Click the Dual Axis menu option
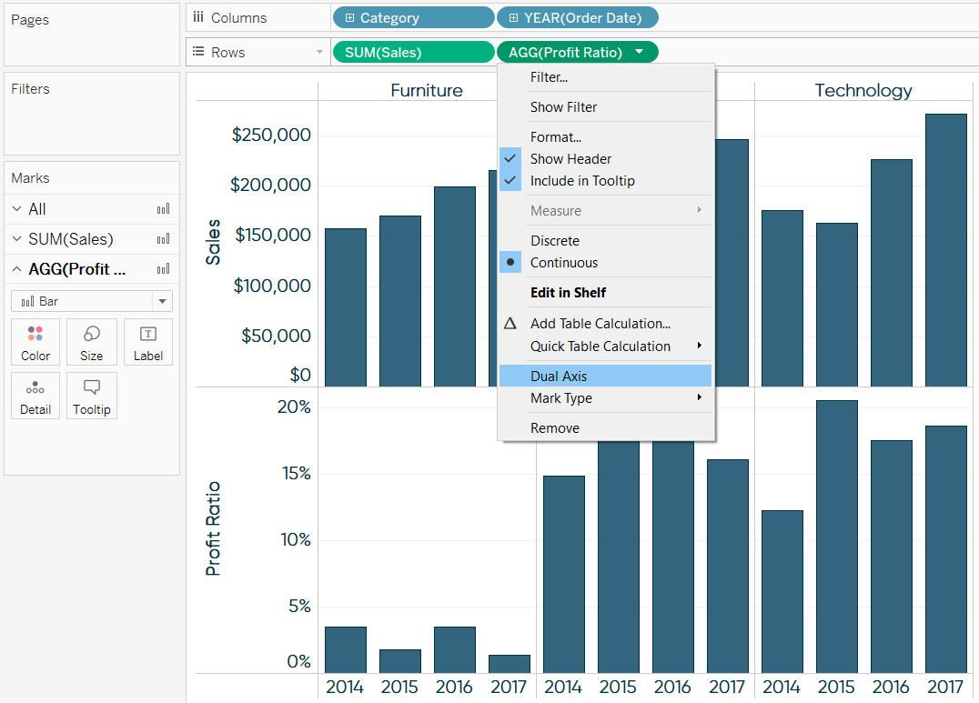pyautogui.click(x=559, y=376)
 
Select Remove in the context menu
pyautogui.click(x=554, y=427)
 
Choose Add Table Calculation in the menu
pyautogui.click(x=601, y=324)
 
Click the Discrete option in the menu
pyautogui.click(x=554, y=241)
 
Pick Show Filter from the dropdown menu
pyautogui.click(x=563, y=107)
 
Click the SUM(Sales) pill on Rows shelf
pyautogui.click(x=413, y=53)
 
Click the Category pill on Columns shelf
pyautogui.click(x=413, y=18)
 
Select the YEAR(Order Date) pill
pyautogui.click(x=577, y=18)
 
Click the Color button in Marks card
pyautogui.click(x=35, y=342)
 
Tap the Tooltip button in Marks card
pyautogui.click(x=92, y=396)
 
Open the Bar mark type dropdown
pyautogui.click(x=92, y=301)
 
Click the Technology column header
pyautogui.click(x=863, y=90)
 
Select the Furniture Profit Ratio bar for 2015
pyautogui.click(x=399, y=661)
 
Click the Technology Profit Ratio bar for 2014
pyautogui.click(x=782, y=591)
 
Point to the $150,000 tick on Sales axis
pyautogui.click(x=272, y=236)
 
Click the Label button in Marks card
pyautogui.click(x=148, y=342)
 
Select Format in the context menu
pyautogui.click(x=555, y=137)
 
